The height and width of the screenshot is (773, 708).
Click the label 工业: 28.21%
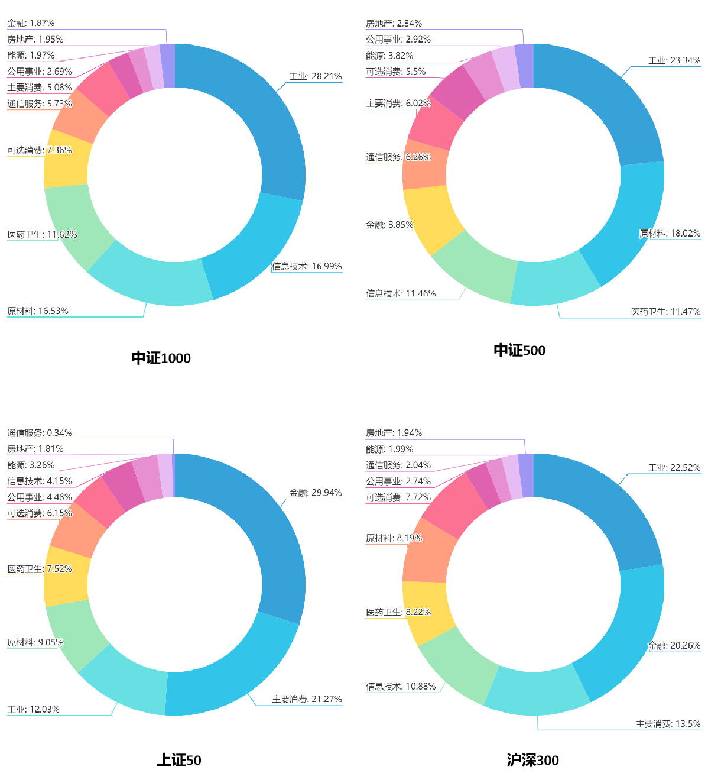[315, 76]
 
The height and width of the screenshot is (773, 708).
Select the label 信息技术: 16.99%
[307, 266]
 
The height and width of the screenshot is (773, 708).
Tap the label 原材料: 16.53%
[38, 311]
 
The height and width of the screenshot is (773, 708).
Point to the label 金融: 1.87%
[31, 23]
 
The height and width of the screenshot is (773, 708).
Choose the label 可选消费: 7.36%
[39, 150]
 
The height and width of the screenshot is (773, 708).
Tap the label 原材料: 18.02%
[670, 233]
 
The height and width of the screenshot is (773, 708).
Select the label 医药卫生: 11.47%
[665, 311]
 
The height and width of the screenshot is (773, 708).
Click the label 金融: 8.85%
[389, 225]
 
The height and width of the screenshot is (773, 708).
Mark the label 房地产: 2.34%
[394, 23]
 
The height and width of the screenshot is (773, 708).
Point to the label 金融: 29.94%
[315, 492]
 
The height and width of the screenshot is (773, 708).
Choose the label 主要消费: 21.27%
[307, 699]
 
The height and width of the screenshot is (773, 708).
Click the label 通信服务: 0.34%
[39, 433]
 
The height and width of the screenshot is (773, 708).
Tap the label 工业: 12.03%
[33, 709]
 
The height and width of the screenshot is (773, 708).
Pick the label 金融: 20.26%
[674, 645]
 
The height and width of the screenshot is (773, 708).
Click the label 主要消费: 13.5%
[668, 723]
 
